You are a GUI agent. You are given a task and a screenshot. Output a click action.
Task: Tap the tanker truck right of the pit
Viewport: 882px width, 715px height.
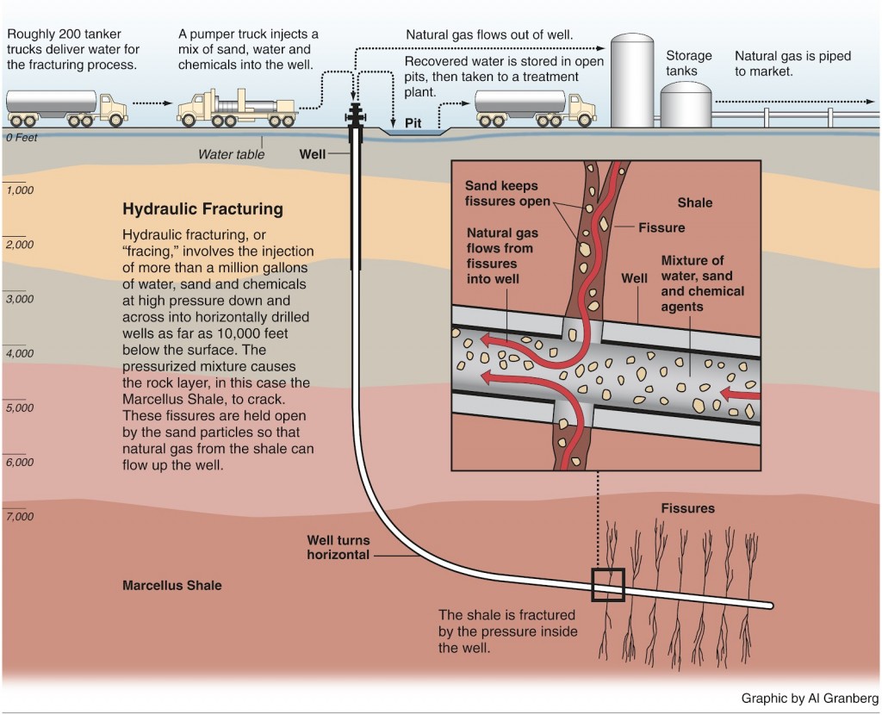coord(535,107)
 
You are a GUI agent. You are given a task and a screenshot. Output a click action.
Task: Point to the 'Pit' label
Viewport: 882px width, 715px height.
coord(413,123)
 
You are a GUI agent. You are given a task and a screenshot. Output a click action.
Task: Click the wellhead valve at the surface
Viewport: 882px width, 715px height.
coord(354,116)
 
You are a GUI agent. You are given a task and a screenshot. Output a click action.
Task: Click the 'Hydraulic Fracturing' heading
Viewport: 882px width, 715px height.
coord(202,208)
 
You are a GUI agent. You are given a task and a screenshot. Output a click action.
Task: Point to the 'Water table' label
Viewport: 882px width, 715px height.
coord(232,154)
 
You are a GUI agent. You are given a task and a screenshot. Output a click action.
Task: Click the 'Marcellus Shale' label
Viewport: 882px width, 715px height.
coord(171,585)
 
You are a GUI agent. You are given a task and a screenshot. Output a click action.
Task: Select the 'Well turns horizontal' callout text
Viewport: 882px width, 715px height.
coord(339,548)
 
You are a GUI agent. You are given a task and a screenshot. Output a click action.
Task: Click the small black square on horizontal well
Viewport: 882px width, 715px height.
coord(607,585)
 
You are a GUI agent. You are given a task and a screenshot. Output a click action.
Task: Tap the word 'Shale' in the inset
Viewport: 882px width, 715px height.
coord(694,202)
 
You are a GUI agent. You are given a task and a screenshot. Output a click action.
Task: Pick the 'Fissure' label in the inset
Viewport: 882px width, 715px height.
coord(661,228)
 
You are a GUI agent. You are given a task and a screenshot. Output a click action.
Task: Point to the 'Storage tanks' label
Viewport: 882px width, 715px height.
coord(689,64)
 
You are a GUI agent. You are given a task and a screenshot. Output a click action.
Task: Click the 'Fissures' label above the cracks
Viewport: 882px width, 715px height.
coord(687,508)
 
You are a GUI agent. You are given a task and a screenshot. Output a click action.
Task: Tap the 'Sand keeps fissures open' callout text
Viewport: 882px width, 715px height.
coord(506,194)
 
